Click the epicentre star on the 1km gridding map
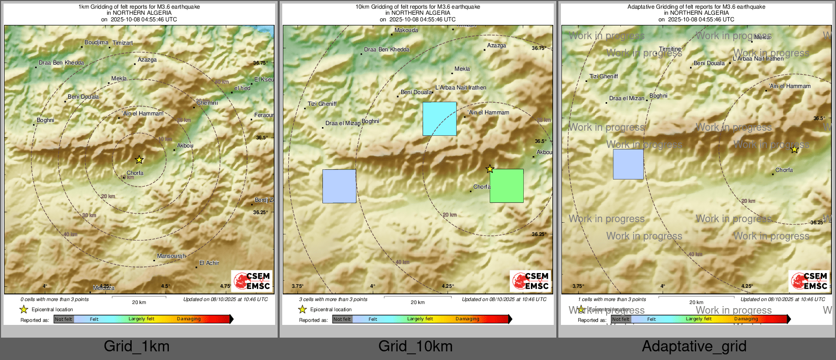[139, 160]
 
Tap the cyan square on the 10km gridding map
[439, 118]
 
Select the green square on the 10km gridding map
[506, 186]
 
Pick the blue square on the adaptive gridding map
[628, 164]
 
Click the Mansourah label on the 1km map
[171, 256]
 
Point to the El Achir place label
[209, 263]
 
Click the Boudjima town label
[96, 43]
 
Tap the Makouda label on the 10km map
[406, 31]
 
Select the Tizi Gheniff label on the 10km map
[322, 104]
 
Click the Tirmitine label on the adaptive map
[670, 49]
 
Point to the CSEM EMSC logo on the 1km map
[252, 281]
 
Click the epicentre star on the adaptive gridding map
[794, 149]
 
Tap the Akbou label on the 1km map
[185, 146]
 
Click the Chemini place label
[207, 103]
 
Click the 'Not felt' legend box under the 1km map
[64, 319]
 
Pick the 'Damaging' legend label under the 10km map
[467, 319]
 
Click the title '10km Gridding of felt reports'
[417, 7]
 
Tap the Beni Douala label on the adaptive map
[709, 64]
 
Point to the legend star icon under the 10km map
[303, 309]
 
